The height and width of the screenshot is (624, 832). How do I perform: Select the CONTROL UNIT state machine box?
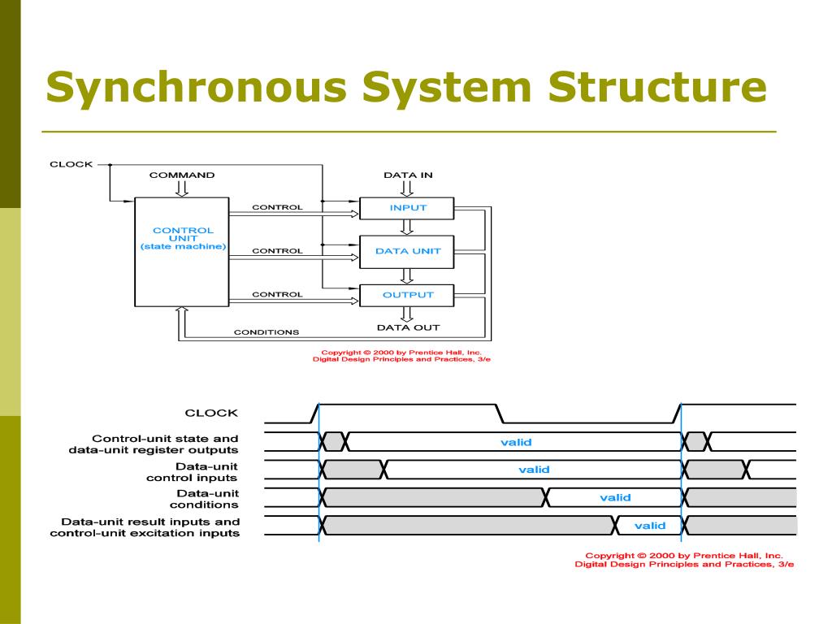pyautogui.click(x=182, y=252)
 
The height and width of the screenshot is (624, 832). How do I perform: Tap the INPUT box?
pyautogui.click(x=407, y=208)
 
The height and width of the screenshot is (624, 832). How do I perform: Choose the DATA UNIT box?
pyautogui.click(x=407, y=252)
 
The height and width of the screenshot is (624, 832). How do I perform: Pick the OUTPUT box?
pyautogui.click(x=407, y=295)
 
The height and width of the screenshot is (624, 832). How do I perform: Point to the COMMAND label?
pyautogui.click(x=182, y=175)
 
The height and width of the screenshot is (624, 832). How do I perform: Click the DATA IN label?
pyautogui.click(x=408, y=175)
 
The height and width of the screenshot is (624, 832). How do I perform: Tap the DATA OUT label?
pyautogui.click(x=408, y=328)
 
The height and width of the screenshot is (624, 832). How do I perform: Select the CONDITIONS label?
pyautogui.click(x=266, y=332)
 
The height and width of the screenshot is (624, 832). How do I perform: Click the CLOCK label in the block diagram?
pyautogui.click(x=71, y=164)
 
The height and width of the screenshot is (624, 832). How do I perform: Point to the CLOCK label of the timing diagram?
pyautogui.click(x=211, y=413)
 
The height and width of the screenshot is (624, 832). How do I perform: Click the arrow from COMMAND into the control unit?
pyautogui.click(x=182, y=188)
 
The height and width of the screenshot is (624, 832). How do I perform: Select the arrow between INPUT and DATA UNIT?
pyautogui.click(x=407, y=227)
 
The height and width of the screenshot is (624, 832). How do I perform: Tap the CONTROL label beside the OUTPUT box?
pyautogui.click(x=278, y=294)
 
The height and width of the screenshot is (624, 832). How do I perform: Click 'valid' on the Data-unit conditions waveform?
pyautogui.click(x=616, y=498)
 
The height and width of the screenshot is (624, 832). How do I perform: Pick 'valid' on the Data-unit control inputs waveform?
pyautogui.click(x=534, y=470)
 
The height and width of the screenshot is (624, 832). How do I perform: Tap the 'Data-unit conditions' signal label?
pyautogui.click(x=204, y=500)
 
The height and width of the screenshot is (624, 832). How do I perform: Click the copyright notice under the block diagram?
pyautogui.click(x=401, y=356)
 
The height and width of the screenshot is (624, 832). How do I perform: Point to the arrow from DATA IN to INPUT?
pyautogui.click(x=407, y=188)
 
